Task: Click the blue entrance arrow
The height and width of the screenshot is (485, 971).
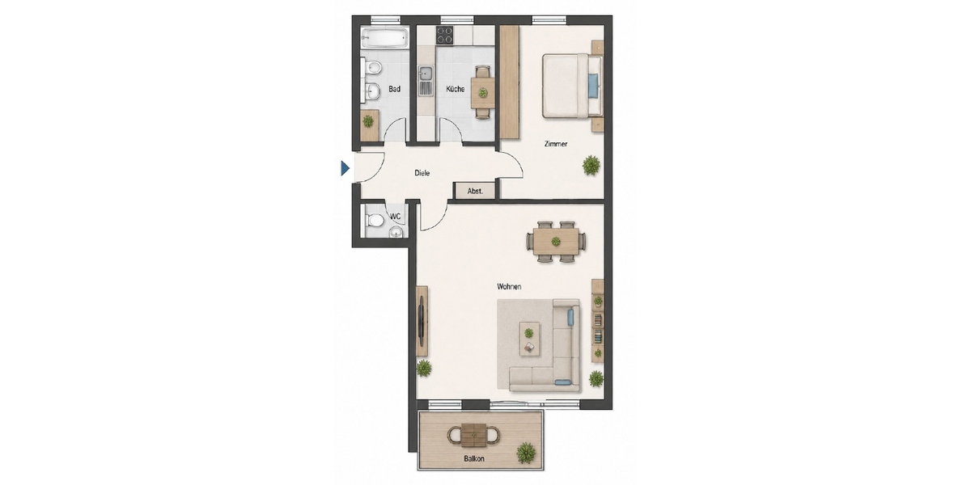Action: click(x=345, y=168)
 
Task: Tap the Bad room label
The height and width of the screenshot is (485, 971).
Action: click(x=394, y=89)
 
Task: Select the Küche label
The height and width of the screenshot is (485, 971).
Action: click(x=455, y=89)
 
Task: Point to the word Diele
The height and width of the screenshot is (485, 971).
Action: click(x=422, y=173)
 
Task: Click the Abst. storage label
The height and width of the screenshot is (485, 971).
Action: click(x=475, y=191)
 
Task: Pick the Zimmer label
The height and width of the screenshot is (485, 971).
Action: click(x=556, y=144)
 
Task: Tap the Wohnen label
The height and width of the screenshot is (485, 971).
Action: click(x=509, y=286)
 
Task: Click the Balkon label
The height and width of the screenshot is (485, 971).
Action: click(x=474, y=458)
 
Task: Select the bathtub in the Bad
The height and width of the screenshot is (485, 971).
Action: click(x=385, y=38)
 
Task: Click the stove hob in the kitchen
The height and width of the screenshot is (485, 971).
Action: click(x=444, y=35)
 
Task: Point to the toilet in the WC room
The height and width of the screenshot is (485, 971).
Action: click(x=374, y=221)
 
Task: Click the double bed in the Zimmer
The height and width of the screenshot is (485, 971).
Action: click(x=572, y=86)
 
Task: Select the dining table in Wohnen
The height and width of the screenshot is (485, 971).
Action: click(x=556, y=242)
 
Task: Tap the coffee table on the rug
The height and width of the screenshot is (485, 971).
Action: click(x=529, y=339)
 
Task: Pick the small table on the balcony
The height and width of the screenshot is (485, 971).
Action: click(x=473, y=435)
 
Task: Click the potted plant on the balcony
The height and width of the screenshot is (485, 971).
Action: click(x=526, y=453)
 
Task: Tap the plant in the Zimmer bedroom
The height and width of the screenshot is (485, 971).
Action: click(x=591, y=165)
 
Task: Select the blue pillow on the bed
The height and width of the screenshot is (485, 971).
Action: click(x=592, y=86)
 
